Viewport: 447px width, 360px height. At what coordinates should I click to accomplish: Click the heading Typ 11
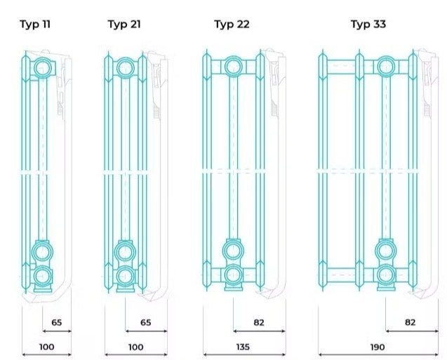[35, 25]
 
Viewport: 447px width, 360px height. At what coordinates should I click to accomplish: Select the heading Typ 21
[124, 25]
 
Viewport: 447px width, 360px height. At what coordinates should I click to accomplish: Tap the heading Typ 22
[232, 25]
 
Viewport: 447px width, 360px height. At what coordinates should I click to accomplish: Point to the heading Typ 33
[368, 25]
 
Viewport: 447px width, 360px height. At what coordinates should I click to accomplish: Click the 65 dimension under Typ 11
[56, 322]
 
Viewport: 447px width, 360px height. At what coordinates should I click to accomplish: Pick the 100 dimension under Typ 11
[47, 347]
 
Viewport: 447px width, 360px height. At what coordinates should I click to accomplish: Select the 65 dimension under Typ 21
[146, 322]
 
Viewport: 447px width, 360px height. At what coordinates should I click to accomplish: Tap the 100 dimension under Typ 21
[135, 347]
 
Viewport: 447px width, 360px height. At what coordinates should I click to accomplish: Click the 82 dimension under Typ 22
[259, 322]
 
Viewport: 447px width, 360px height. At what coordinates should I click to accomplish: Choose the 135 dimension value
[243, 347]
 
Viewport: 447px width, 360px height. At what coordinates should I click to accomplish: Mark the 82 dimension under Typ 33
[411, 322]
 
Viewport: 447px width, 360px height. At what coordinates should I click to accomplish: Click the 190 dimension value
[378, 347]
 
